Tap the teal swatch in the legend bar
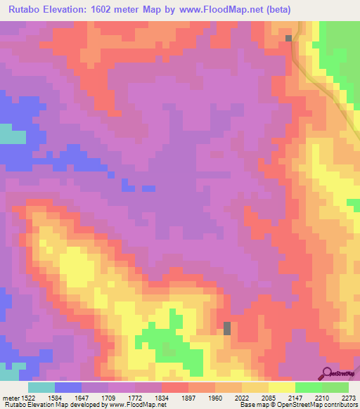[41, 387]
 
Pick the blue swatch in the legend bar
[68, 387]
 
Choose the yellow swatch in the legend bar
[281, 387]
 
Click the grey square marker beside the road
[288, 38]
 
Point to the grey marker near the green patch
[227, 327]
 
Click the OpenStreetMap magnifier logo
[328, 373]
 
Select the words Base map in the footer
[256, 404]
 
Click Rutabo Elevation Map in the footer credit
[35, 404]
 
